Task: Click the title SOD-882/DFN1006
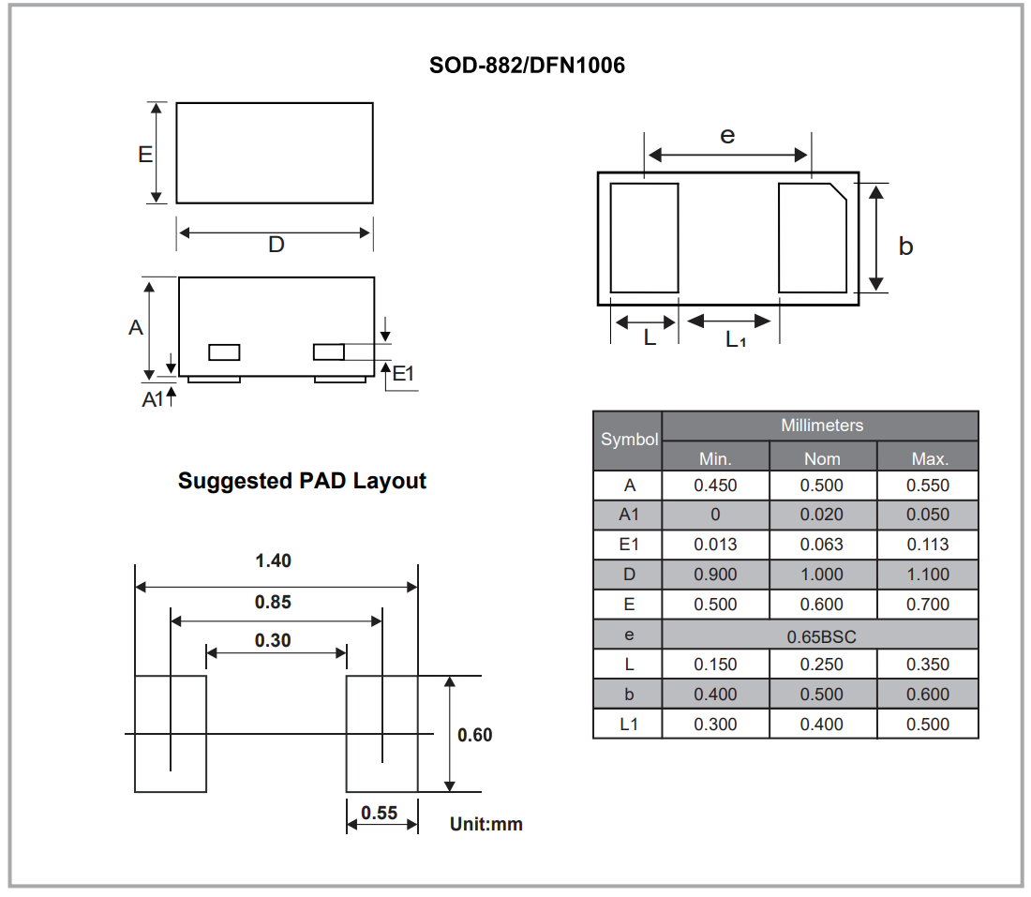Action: pyautogui.click(x=527, y=66)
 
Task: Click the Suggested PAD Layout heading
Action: pyautogui.click(x=302, y=481)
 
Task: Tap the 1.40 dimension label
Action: pyautogui.click(x=273, y=561)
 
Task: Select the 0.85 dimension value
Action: pyautogui.click(x=273, y=602)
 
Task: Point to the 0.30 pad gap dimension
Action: pyautogui.click(x=273, y=640)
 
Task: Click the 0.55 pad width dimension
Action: pyautogui.click(x=380, y=813)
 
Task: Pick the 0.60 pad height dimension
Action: pyautogui.click(x=475, y=734)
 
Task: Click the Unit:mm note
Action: pyautogui.click(x=486, y=824)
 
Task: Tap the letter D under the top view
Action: pyautogui.click(x=276, y=245)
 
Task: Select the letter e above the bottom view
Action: pyautogui.click(x=727, y=135)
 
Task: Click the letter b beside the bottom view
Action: pyautogui.click(x=905, y=246)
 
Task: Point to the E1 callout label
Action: pyautogui.click(x=403, y=373)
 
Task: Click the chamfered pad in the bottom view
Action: pyautogui.click(x=812, y=238)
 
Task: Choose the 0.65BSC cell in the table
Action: pyautogui.click(x=821, y=635)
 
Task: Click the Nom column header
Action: pyautogui.click(x=822, y=458)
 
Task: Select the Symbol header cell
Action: pyautogui.click(x=629, y=440)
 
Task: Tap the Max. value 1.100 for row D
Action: pyautogui.click(x=928, y=575)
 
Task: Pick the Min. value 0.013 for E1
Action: pyautogui.click(x=715, y=545)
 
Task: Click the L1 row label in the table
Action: pyautogui.click(x=629, y=725)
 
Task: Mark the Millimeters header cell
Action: pyautogui.click(x=821, y=426)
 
